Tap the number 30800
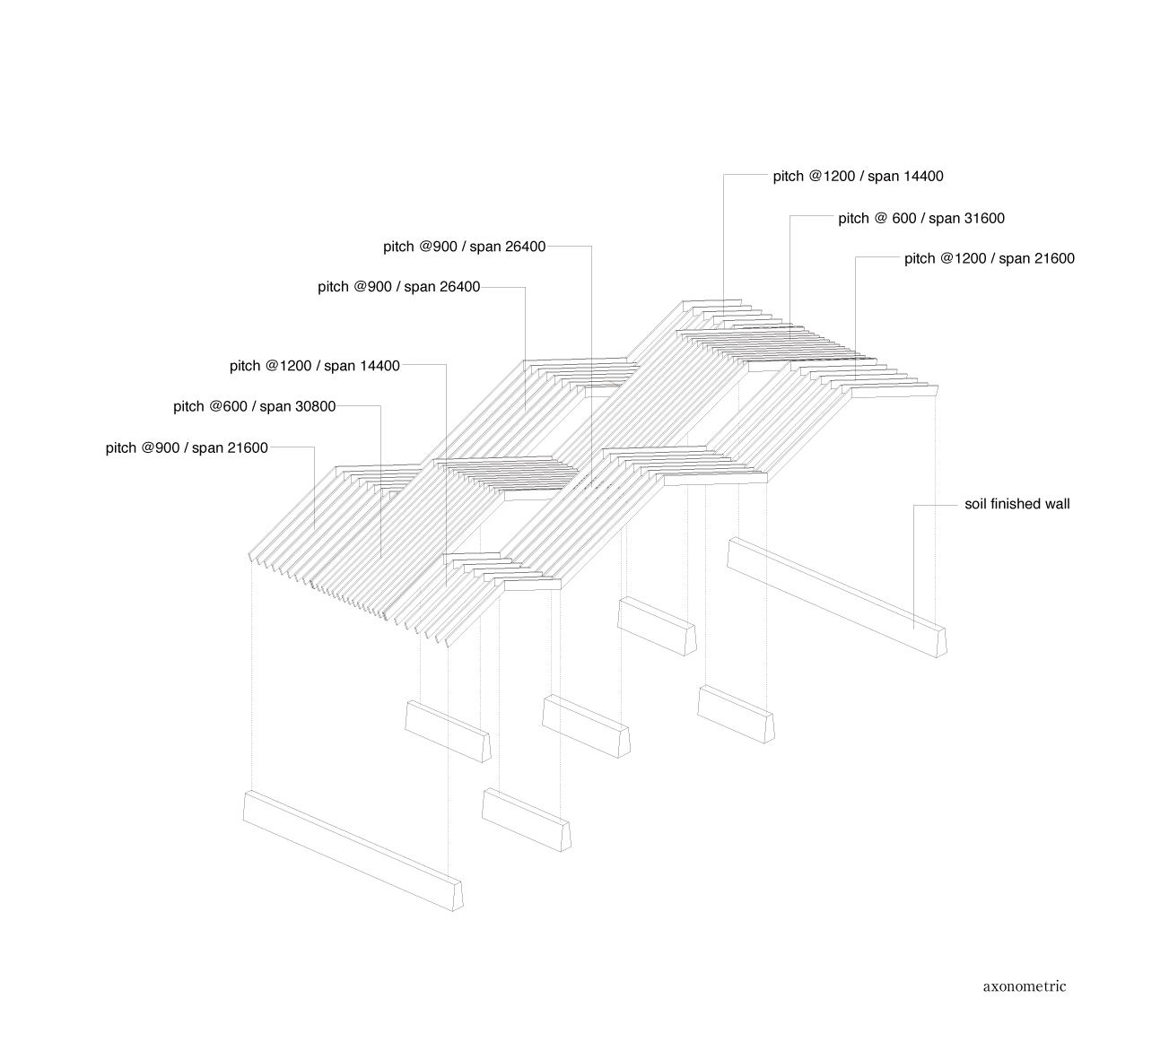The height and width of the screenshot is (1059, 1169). (310, 406)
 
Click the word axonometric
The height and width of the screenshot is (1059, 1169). (1025, 986)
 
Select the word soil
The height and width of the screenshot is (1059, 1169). (975, 504)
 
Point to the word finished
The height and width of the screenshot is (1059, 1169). (1015, 504)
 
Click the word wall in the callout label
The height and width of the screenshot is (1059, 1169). (1057, 504)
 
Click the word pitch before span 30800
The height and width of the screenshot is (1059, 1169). (188, 406)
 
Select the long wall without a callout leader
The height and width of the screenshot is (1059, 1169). (352, 851)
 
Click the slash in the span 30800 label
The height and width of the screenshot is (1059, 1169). (252, 406)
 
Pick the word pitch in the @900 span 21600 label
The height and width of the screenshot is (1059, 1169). (120, 447)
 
